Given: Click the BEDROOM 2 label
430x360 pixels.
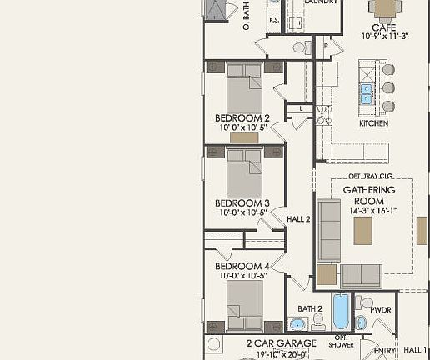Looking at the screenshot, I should [x=242, y=117].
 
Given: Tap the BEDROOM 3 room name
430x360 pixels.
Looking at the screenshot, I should [x=242, y=202].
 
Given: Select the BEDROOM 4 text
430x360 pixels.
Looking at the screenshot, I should [x=242, y=267].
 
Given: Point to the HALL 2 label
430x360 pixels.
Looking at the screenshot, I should [x=298, y=219].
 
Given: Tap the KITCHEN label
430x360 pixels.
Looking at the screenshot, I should [x=373, y=123].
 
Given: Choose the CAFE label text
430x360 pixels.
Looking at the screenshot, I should [x=383, y=27].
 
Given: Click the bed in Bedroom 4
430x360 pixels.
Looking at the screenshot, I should [x=245, y=304].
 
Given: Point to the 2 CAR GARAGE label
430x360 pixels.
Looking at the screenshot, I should [x=281, y=342].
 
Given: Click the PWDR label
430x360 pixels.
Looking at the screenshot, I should [x=382, y=309].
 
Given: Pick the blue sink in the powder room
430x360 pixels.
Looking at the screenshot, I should [x=361, y=322].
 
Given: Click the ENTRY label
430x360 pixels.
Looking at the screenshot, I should [x=384, y=351].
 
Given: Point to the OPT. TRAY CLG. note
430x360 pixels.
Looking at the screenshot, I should [x=369, y=177].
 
